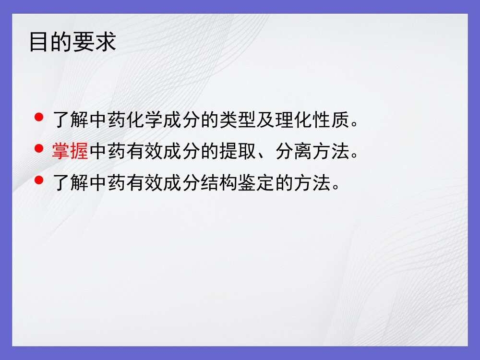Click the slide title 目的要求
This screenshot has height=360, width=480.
[x=72, y=42]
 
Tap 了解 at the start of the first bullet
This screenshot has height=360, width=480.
[x=70, y=120]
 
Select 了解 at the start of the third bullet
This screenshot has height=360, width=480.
[x=70, y=183]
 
